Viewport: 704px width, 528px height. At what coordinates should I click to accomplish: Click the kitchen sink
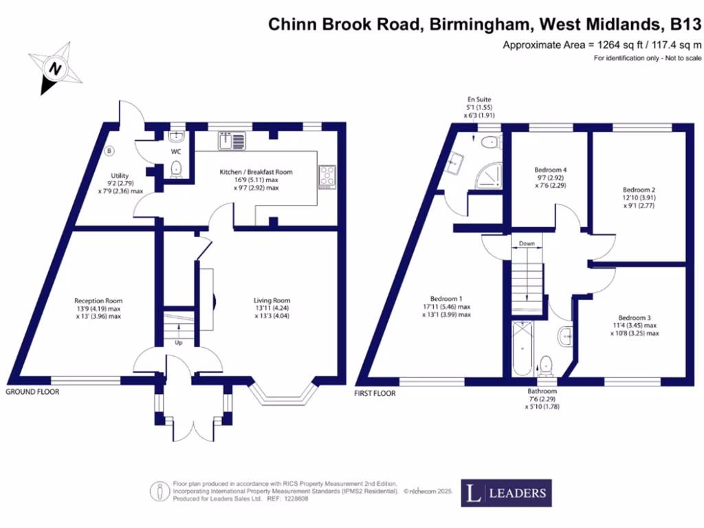(231, 140)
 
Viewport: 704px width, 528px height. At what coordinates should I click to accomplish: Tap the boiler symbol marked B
(109, 150)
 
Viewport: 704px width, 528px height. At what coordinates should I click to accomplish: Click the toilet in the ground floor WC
(175, 168)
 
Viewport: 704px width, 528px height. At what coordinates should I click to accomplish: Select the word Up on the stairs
(179, 342)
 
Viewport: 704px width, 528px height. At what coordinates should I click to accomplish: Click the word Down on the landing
(527, 244)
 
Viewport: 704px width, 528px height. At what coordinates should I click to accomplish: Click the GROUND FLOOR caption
(32, 392)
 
